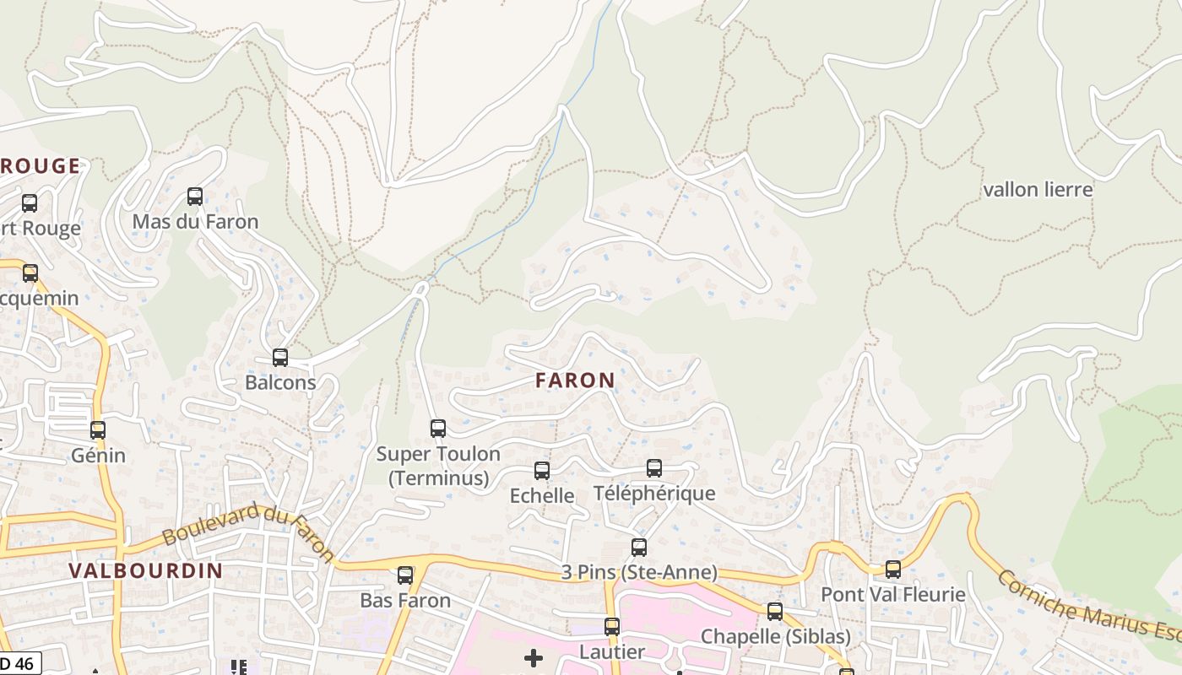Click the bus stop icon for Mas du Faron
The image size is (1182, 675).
tap(195, 197)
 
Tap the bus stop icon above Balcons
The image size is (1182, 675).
tap(280, 358)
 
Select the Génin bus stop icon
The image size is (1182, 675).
tap(98, 430)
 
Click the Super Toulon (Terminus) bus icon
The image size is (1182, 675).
tap(438, 429)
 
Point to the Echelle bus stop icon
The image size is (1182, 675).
tap(542, 471)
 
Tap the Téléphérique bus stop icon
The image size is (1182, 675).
tap(654, 468)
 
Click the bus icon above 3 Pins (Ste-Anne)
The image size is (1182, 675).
tap(639, 548)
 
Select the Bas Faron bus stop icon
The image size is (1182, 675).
tap(405, 575)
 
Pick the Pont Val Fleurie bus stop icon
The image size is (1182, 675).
tap(893, 570)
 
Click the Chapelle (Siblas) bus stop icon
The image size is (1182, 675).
tap(775, 612)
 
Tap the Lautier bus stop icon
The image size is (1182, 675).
tap(612, 627)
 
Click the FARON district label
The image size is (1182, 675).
tap(575, 381)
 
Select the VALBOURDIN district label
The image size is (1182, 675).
tap(146, 570)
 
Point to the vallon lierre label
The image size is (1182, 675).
tap(1038, 190)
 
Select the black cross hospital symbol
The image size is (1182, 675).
tap(534, 658)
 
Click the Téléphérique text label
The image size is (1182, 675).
tap(654, 494)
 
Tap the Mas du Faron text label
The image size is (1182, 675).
tap(195, 222)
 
